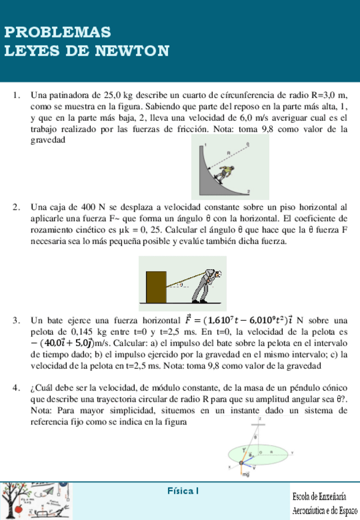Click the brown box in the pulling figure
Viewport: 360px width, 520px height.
point(156,285)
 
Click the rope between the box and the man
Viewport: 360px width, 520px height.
point(182,279)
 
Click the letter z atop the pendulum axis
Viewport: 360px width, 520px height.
point(260,418)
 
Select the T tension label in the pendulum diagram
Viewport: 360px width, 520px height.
point(244,449)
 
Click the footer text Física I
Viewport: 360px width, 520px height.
point(183,491)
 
